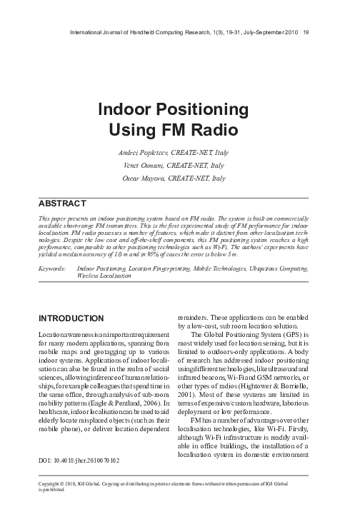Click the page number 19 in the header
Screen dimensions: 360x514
pyautogui.click(x=306, y=31)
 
